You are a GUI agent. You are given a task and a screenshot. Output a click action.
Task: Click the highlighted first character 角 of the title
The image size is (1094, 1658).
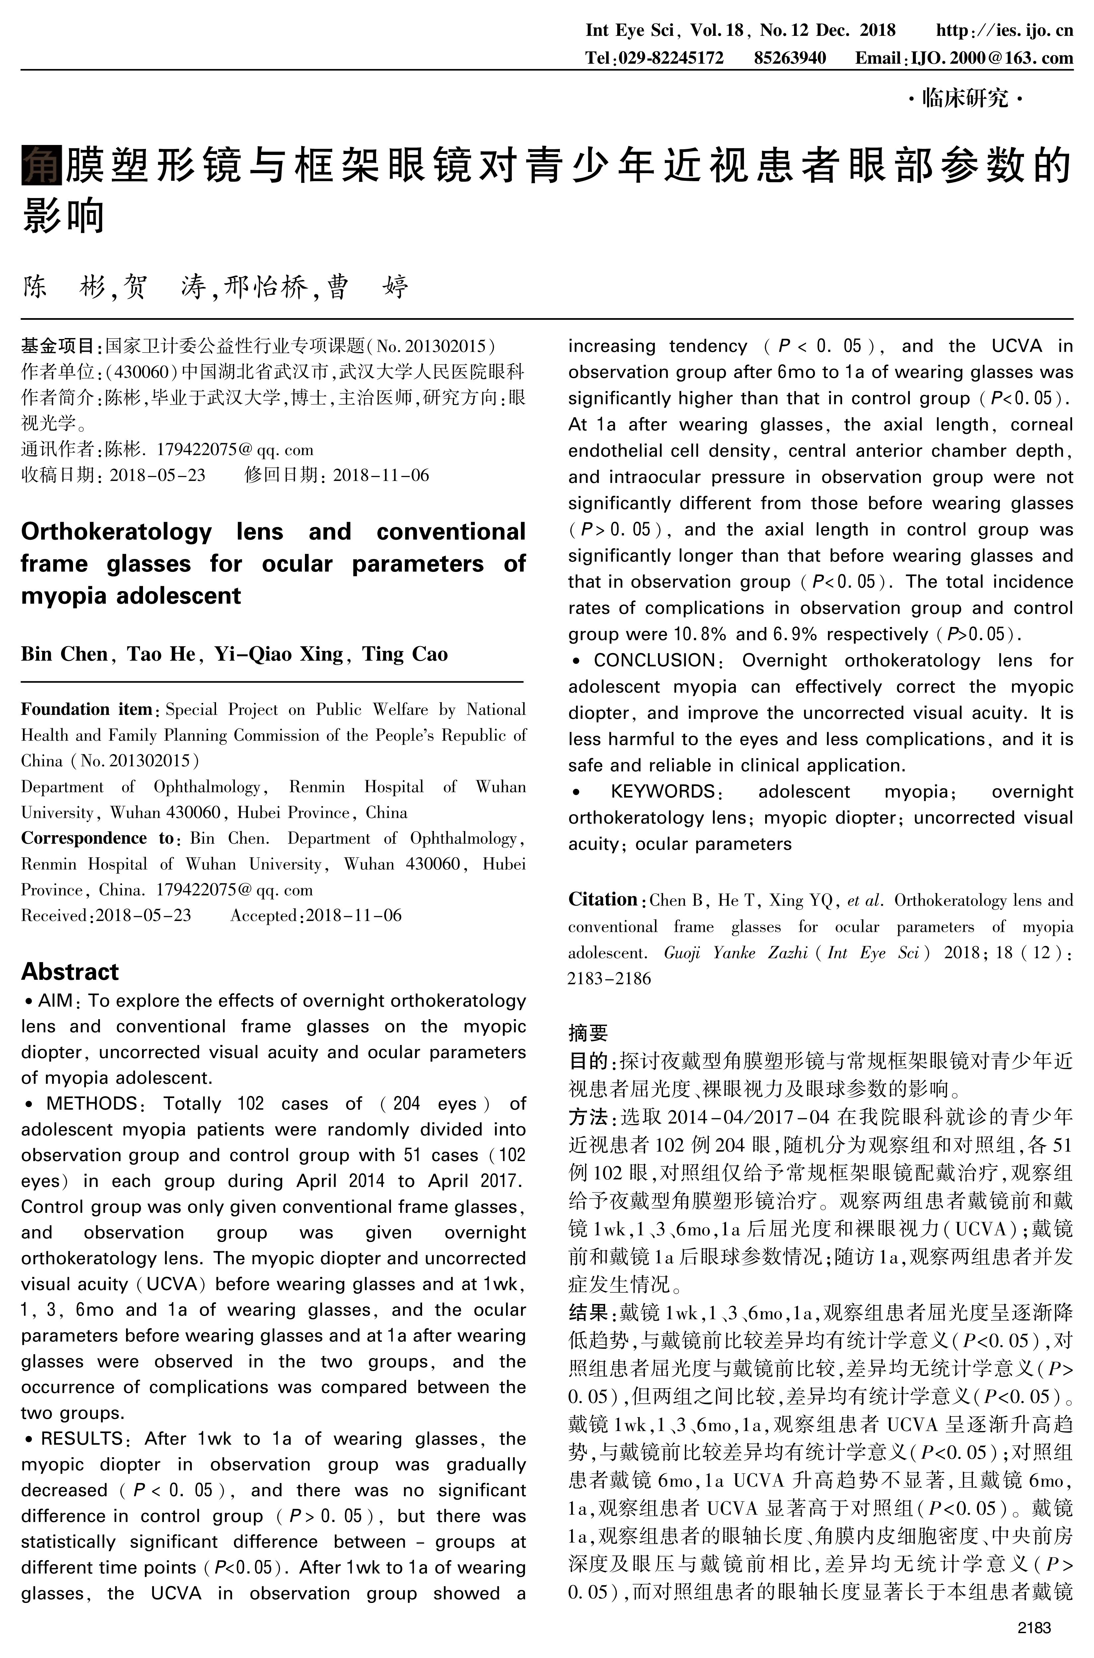(x=42, y=165)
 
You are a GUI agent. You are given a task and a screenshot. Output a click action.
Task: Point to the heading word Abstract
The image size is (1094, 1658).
(x=70, y=972)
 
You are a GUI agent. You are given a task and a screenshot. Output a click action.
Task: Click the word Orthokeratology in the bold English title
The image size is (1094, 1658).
(x=116, y=531)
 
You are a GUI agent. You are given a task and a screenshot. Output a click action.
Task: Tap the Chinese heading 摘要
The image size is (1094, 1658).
(x=588, y=1032)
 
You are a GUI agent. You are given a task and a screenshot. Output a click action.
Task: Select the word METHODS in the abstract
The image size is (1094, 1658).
(x=92, y=1103)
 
